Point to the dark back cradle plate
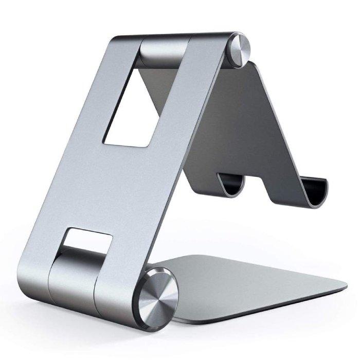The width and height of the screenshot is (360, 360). pyautogui.click(x=267, y=118)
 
